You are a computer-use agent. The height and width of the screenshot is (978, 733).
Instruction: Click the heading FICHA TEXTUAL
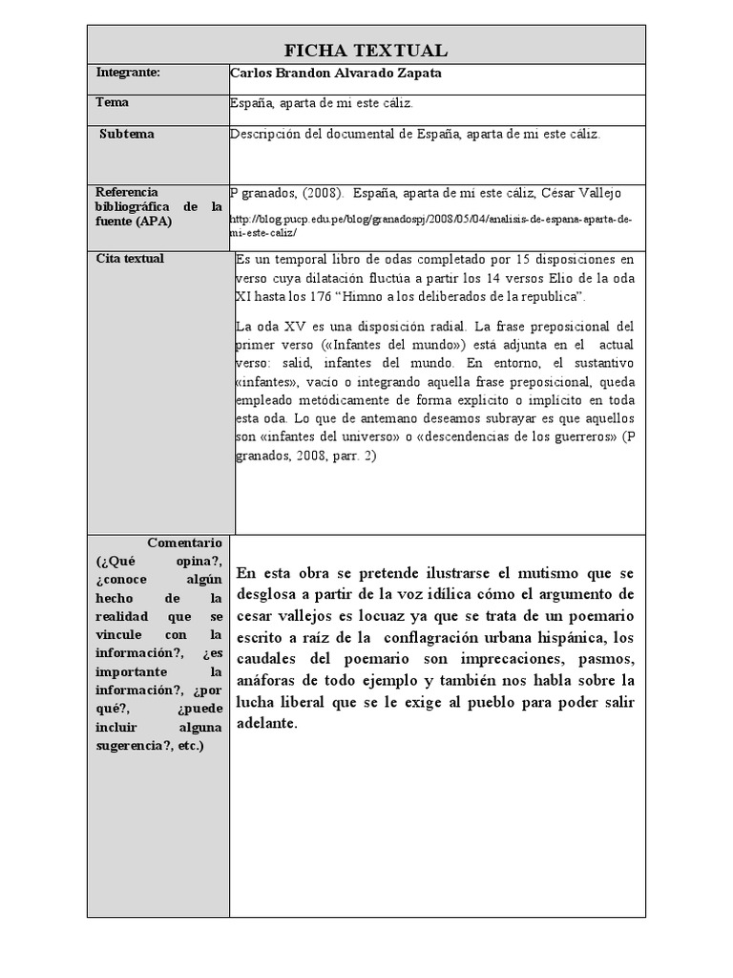pos(366,51)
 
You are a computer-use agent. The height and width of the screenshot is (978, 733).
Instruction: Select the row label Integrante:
pos(128,73)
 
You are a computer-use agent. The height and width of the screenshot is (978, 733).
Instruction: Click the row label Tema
pos(113,102)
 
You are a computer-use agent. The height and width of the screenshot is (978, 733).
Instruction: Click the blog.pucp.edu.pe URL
pos(431,225)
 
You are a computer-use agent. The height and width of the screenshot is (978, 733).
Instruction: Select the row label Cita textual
pos(130,259)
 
